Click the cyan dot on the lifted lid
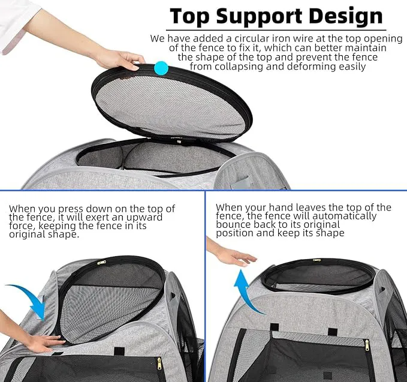tap(161, 68)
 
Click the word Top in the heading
tap(189, 16)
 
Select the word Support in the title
tap(259, 17)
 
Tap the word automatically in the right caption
tap(345, 216)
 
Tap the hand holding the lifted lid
tap(120, 61)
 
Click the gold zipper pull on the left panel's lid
tap(101, 262)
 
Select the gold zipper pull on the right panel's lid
tap(316, 260)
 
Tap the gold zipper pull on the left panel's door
tap(159, 363)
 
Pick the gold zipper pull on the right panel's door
tap(367, 345)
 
